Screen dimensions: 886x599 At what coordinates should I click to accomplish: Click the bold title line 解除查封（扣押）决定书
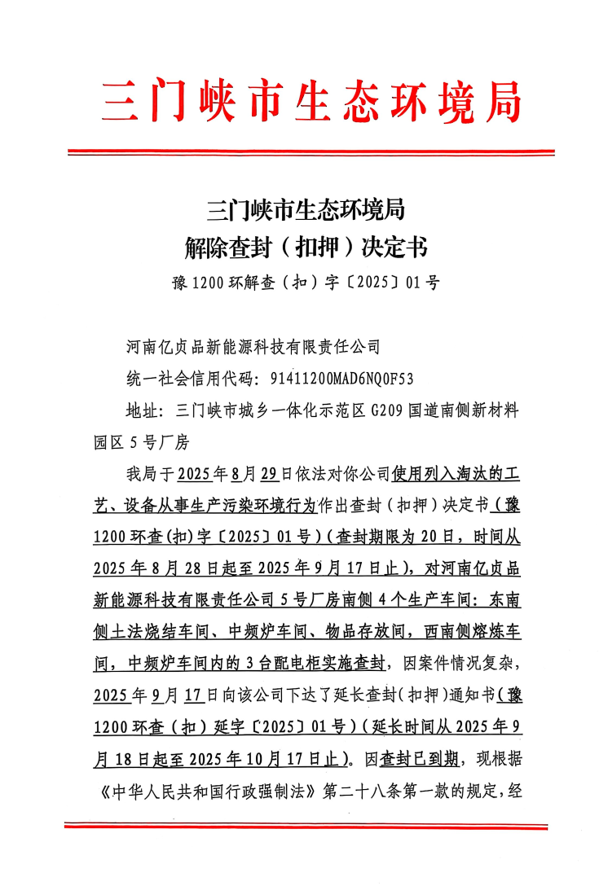coord(306,245)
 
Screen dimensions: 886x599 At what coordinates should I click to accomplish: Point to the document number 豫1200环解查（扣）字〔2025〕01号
coord(306,283)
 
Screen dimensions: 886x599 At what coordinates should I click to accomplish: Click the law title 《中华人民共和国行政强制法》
coord(209,792)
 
